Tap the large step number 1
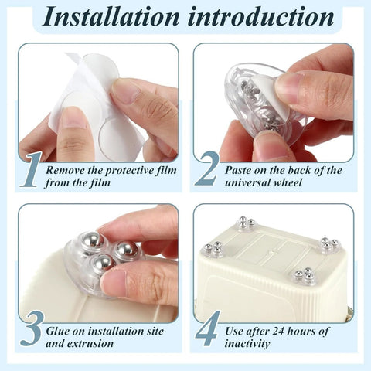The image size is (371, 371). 31,170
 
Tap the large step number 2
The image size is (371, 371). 207,170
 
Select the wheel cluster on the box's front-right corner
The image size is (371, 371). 305,275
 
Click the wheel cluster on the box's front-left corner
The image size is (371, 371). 213,248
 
